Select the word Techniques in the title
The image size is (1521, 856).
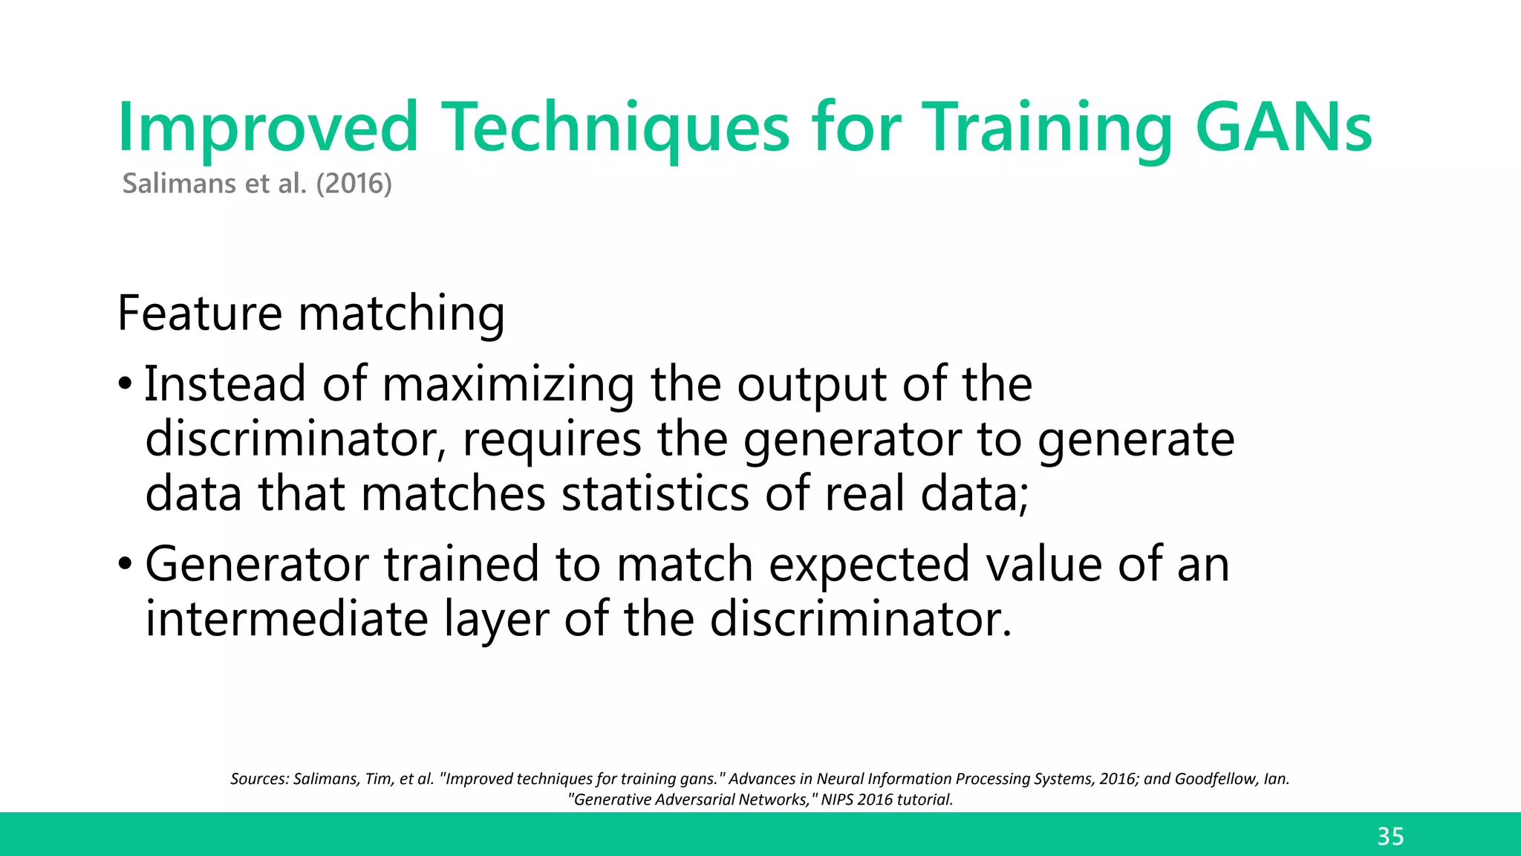(x=616, y=128)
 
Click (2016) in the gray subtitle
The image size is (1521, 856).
(x=354, y=184)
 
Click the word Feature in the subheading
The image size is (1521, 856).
(x=199, y=313)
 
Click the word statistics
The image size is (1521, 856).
(x=655, y=493)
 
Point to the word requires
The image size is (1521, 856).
(x=551, y=440)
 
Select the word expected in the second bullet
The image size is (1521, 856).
(x=869, y=565)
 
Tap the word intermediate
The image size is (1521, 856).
(x=286, y=619)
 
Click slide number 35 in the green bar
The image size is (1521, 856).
(x=1390, y=837)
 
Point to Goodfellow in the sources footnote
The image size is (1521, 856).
(x=1217, y=779)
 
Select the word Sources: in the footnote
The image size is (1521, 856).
(x=259, y=779)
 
